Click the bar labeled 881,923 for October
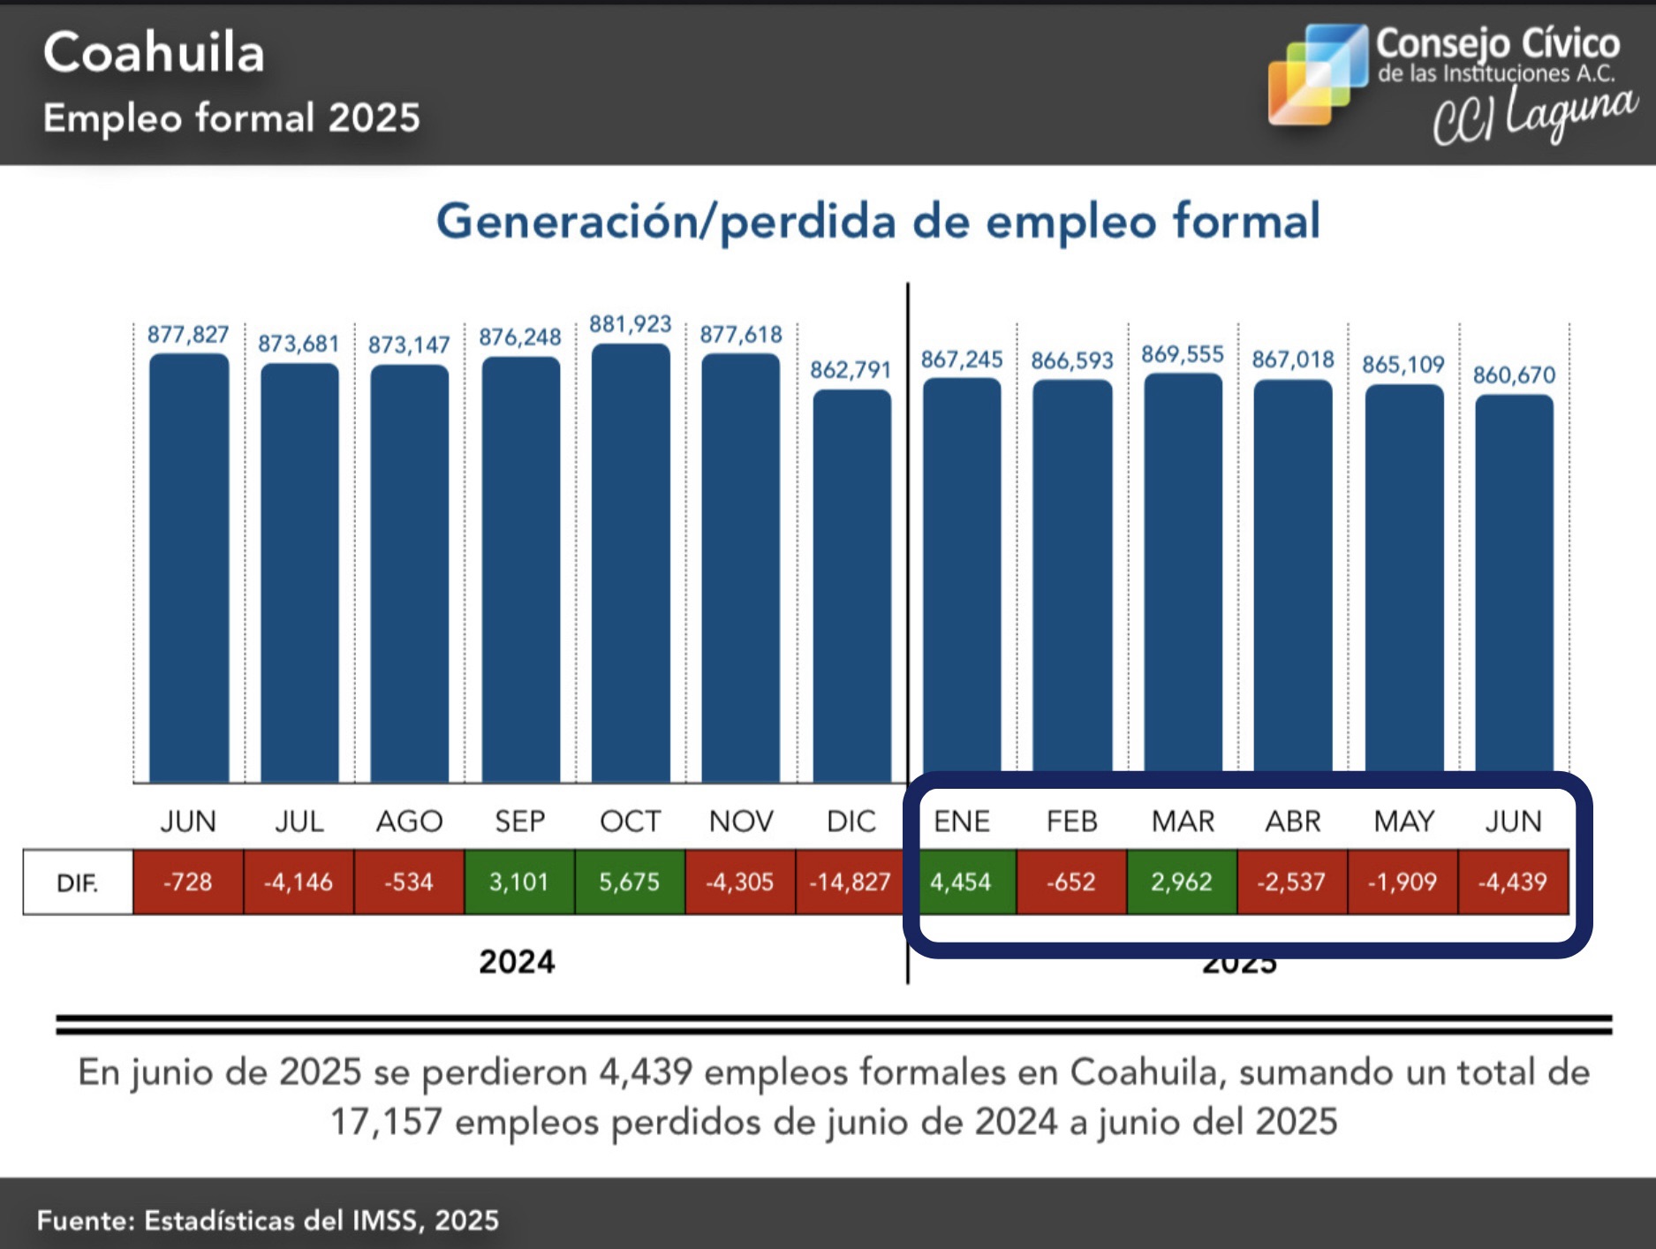point(631,565)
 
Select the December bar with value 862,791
point(851,587)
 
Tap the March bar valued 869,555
point(1183,574)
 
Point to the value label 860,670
point(1514,375)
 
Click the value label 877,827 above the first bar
point(188,335)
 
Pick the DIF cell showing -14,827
point(851,882)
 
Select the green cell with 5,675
point(630,882)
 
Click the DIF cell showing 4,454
point(961,882)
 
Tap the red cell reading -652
point(1071,882)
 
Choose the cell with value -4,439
point(1513,882)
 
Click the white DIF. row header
point(78,882)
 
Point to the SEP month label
point(519,821)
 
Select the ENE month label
point(962,821)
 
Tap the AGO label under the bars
point(409,821)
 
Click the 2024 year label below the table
point(517,961)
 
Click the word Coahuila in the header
point(154,53)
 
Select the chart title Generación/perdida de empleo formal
point(878,221)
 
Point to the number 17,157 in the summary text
point(385,1122)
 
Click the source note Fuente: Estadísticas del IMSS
point(268,1220)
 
